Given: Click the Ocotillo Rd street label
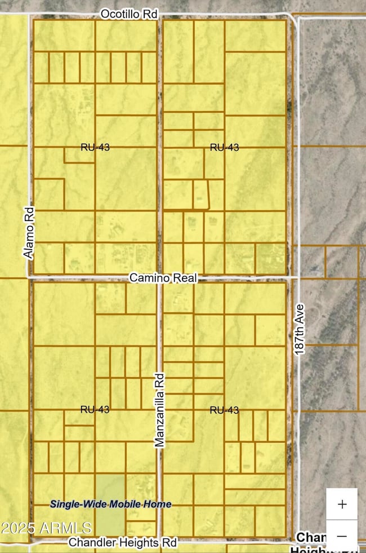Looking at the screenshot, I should [x=128, y=14].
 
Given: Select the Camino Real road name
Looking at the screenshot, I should [x=163, y=278].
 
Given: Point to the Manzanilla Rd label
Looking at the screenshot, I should [x=159, y=409].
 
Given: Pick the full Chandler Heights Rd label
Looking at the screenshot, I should [x=123, y=542].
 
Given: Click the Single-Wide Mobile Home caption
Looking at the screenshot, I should [x=110, y=504].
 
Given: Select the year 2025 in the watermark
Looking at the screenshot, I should [x=19, y=528].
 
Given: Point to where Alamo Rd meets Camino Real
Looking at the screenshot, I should [x=29, y=277].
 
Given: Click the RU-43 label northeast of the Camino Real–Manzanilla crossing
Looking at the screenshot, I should [x=224, y=148].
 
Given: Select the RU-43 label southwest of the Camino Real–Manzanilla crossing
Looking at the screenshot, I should [x=95, y=409].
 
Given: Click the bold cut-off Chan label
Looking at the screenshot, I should [x=310, y=537].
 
